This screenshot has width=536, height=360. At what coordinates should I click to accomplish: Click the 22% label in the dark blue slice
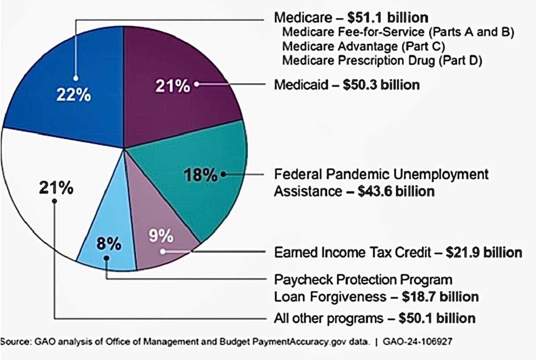pyautogui.click(x=74, y=95)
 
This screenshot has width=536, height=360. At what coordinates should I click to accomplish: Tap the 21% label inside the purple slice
pyautogui.click(x=172, y=85)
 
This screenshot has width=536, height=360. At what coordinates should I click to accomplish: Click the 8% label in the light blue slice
pyautogui.click(x=109, y=244)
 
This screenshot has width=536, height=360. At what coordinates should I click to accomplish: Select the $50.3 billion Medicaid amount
pyautogui.click(x=381, y=85)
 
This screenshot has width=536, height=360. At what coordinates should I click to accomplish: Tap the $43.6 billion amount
pyautogui.click(x=396, y=191)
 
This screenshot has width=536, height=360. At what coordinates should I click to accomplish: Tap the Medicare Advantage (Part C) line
pyautogui.click(x=364, y=46)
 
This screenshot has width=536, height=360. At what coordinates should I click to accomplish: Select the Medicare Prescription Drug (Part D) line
pyautogui.click(x=382, y=60)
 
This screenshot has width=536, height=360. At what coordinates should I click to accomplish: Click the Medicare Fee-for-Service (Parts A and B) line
pyautogui.click(x=398, y=32)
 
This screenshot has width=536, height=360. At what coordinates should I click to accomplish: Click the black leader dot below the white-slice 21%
pyautogui.click(x=54, y=201)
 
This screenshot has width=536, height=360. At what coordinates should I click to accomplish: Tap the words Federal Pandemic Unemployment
pyautogui.click(x=381, y=174)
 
